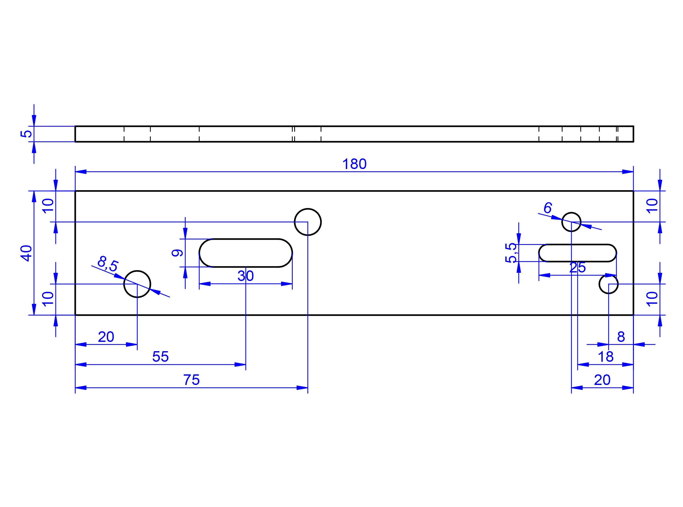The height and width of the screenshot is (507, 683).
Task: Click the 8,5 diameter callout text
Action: (x=108, y=264)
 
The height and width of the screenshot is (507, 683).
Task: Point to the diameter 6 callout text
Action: (x=548, y=208)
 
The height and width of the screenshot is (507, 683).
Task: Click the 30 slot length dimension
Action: (x=245, y=276)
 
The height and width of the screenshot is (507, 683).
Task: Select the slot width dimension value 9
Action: (x=177, y=253)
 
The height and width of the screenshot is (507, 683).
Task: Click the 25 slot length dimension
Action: (x=577, y=268)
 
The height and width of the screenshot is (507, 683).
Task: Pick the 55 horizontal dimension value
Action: (x=160, y=357)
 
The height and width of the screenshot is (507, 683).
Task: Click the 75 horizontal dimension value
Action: (x=192, y=380)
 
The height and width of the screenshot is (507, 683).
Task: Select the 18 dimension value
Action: (x=606, y=357)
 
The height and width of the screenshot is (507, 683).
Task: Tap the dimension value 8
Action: (x=621, y=337)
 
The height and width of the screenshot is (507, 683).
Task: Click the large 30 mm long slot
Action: (x=245, y=253)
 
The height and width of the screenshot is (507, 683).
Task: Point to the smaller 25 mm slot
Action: (x=577, y=253)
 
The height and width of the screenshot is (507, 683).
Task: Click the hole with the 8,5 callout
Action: (x=137, y=284)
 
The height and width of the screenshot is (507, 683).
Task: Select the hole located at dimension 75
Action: (x=308, y=222)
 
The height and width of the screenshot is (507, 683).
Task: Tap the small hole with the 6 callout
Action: (x=571, y=222)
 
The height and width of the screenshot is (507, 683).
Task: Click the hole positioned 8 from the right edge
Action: (x=608, y=284)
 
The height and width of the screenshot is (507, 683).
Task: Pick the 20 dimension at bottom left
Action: (x=106, y=337)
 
